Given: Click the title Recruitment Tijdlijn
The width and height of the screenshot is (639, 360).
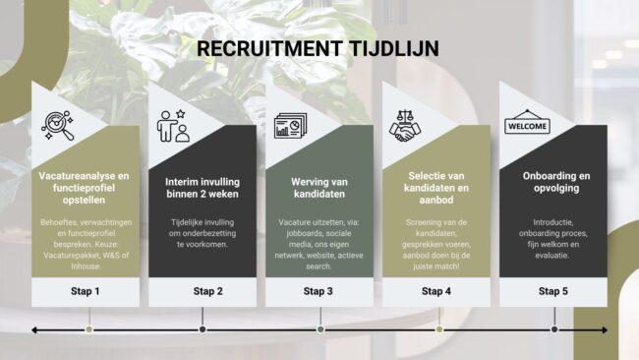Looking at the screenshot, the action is [x=318, y=47].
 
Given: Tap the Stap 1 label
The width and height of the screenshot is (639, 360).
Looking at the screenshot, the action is [x=85, y=291].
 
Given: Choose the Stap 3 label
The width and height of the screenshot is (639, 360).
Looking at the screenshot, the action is [x=319, y=291].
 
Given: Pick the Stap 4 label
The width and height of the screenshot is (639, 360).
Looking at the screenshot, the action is [x=436, y=291].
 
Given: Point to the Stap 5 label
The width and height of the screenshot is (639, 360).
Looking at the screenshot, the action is [x=553, y=291].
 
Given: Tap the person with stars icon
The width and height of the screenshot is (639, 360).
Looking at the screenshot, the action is [x=174, y=126].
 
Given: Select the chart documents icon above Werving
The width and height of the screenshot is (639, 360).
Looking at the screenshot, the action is [x=291, y=126].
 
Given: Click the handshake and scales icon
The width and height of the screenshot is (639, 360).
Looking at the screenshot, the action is [x=408, y=126].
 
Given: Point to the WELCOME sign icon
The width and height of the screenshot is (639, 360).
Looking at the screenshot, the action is [x=526, y=126].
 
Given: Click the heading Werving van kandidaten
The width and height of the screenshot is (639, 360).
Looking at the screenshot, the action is [x=319, y=187].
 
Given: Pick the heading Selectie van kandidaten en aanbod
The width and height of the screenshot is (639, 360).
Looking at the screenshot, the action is [x=436, y=187].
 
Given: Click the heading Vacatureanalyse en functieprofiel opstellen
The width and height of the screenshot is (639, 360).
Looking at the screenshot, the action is [x=85, y=187].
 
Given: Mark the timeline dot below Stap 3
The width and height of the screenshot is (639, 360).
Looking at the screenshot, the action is [x=321, y=330].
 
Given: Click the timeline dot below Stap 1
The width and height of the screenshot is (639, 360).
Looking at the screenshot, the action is [x=88, y=330].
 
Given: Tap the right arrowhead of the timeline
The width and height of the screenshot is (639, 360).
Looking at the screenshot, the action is [x=604, y=330].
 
